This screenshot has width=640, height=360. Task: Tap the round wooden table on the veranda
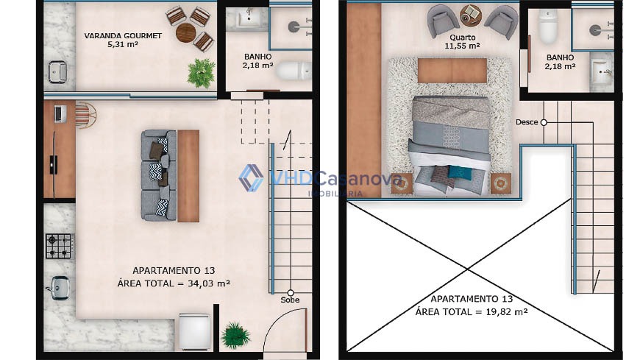185,32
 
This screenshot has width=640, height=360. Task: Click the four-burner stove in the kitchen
59,246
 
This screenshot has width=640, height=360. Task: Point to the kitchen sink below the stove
58,288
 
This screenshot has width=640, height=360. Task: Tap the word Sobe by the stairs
290,300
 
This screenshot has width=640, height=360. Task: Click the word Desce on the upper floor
527,121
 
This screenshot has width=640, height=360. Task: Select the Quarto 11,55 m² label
462,42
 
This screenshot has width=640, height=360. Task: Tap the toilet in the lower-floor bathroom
293,71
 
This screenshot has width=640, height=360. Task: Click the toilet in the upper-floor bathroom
548,27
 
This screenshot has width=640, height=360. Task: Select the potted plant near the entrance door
235,336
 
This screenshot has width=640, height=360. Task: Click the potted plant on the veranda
202,74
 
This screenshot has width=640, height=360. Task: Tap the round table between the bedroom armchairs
471,15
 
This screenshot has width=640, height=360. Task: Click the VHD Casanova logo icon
252,177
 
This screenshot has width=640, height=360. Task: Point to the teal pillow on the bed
459,172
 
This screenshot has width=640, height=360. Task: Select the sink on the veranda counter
58,72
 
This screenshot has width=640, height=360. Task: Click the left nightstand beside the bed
402,183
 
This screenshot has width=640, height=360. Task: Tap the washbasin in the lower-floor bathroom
247,18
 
